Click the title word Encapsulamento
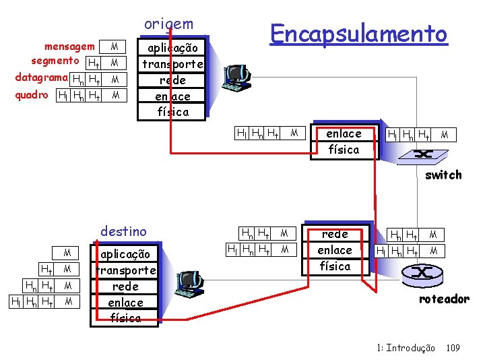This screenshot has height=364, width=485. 358,32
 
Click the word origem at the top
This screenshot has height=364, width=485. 168,24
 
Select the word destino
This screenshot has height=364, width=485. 123,232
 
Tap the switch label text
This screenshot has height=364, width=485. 443,175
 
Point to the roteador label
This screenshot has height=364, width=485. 443,299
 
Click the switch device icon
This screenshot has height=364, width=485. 423,154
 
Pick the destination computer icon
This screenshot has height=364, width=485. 187,284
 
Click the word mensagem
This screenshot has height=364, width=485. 69,47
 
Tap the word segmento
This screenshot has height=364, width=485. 54,62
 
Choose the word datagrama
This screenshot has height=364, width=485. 41,78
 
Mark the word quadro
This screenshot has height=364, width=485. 32,95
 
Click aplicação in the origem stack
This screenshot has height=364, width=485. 172,49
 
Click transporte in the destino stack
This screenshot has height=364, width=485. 125,271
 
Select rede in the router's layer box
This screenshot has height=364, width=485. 335,234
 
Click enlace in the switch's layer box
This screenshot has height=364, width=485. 344,133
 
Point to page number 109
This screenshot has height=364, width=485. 453,348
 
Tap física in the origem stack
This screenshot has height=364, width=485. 172,111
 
